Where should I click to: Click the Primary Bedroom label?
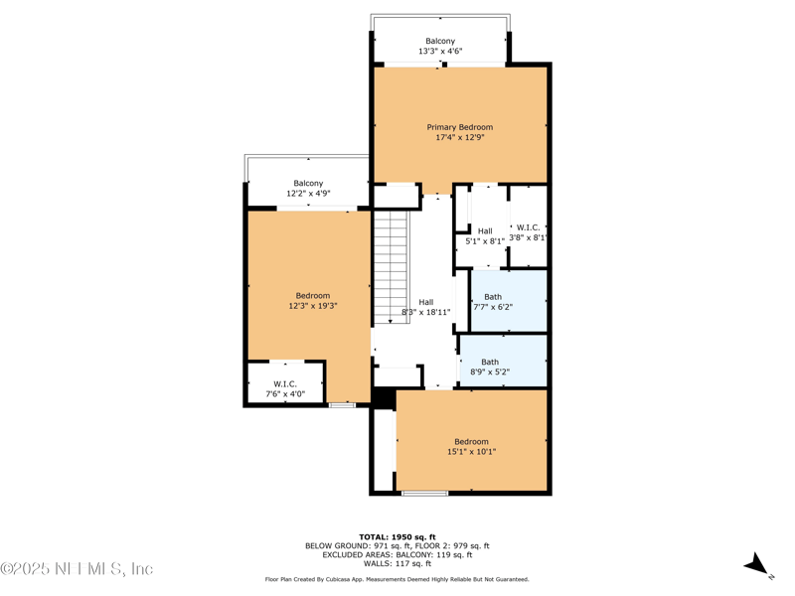tap(459, 127)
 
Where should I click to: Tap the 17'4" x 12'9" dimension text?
tap(459, 138)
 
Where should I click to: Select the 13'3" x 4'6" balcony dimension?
tap(440, 51)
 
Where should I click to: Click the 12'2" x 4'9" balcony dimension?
tap(308, 194)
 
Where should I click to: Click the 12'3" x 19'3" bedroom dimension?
tap(312, 306)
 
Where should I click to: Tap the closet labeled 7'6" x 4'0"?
tap(285, 388)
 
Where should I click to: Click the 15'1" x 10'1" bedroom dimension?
tap(471, 452)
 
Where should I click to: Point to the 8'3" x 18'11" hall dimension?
tap(425, 312)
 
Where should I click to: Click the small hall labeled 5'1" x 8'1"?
tap(485, 235)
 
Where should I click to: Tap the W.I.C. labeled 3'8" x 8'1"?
tap(528, 232)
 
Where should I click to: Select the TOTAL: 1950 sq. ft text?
tap(397, 536)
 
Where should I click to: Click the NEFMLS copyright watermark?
tap(78, 569)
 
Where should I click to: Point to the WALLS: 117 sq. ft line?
tap(397, 563)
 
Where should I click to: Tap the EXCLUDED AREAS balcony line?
tap(397, 554)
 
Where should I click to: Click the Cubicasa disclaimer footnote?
tap(397, 579)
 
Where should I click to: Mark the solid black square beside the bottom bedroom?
tap(384, 397)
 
